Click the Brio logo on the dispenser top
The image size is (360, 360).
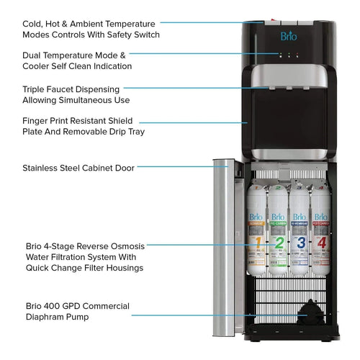[x=287, y=36]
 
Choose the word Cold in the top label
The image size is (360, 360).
[x=34, y=22]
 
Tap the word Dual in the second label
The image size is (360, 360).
[x=33, y=55]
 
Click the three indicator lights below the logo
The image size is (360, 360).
[x=287, y=55]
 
